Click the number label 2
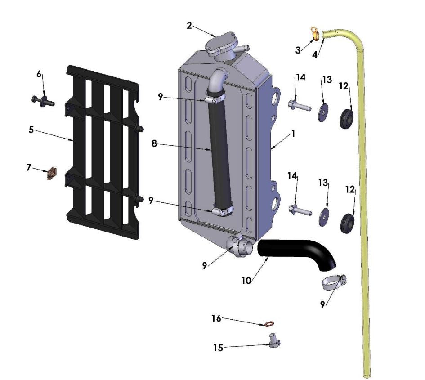pos(189,26)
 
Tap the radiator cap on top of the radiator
pos(220,45)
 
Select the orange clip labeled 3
pos(315,33)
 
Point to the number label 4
pos(315,54)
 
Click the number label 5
pos(31,130)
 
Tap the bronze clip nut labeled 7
pos(53,173)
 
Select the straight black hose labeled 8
pos(220,153)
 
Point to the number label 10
pos(246,280)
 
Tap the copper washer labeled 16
pos(269,323)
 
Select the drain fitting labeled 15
pos(273,342)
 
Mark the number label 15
pos(218,347)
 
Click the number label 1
pos(293,134)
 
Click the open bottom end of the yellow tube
pos(367,374)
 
